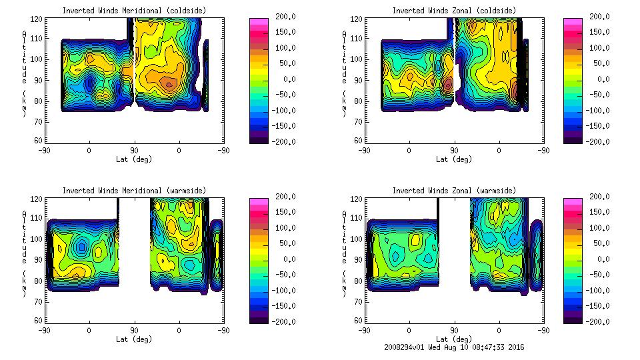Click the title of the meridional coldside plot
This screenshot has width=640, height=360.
pyautogui.click(x=134, y=11)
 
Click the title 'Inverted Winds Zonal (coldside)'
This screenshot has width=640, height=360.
pyautogui.click(x=453, y=11)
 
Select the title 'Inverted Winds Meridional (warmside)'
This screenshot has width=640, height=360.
pyautogui.click(x=134, y=191)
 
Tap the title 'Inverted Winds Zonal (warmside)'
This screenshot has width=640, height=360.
pyautogui.click(x=453, y=191)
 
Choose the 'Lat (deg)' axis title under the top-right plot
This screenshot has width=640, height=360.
pyautogui.click(x=453, y=159)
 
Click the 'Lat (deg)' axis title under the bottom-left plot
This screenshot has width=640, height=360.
pyautogui.click(x=134, y=339)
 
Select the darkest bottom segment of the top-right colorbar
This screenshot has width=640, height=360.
pyautogui.click(x=571, y=138)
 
